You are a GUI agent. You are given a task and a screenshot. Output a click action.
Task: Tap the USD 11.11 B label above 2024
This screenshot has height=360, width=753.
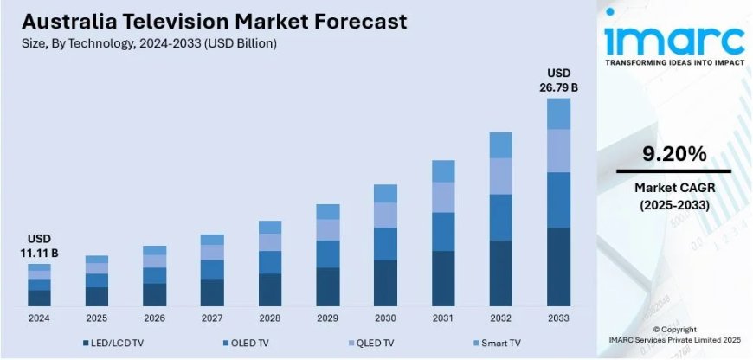(x=39, y=246)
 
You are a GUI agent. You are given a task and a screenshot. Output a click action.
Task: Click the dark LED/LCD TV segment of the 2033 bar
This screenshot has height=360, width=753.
(x=558, y=267)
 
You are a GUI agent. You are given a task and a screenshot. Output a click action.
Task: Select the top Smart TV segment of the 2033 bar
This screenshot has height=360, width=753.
(x=558, y=113)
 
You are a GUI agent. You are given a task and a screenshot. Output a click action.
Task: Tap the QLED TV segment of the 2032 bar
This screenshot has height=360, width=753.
(x=500, y=177)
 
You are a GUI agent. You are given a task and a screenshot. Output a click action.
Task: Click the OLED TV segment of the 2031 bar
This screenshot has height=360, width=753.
(x=443, y=232)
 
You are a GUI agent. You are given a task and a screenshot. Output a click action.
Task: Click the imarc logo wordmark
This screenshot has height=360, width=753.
(x=674, y=39)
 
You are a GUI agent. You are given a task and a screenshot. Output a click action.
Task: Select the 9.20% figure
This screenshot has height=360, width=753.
(x=673, y=155)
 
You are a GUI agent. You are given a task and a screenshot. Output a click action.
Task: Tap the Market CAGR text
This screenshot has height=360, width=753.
(x=673, y=188)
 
